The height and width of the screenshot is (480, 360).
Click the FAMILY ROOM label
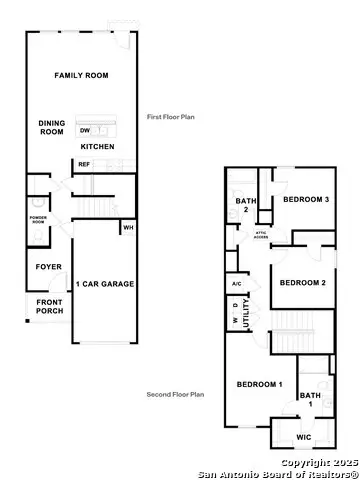point(81,76)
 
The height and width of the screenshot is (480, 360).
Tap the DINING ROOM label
point(52,127)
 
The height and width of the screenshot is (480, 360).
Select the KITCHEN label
point(98,147)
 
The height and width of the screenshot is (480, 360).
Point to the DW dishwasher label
point(84,130)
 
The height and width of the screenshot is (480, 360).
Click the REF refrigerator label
point(84,164)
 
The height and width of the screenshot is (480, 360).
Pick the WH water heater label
point(128,228)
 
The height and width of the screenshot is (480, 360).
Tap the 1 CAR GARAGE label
point(105,284)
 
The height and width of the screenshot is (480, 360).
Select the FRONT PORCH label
point(50,307)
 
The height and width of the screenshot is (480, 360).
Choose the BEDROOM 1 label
point(260,385)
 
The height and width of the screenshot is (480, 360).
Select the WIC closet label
point(304,438)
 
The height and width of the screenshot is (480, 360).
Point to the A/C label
point(237,284)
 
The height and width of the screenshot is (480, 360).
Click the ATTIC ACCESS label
point(261,235)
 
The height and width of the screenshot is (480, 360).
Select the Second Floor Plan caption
point(175,395)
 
